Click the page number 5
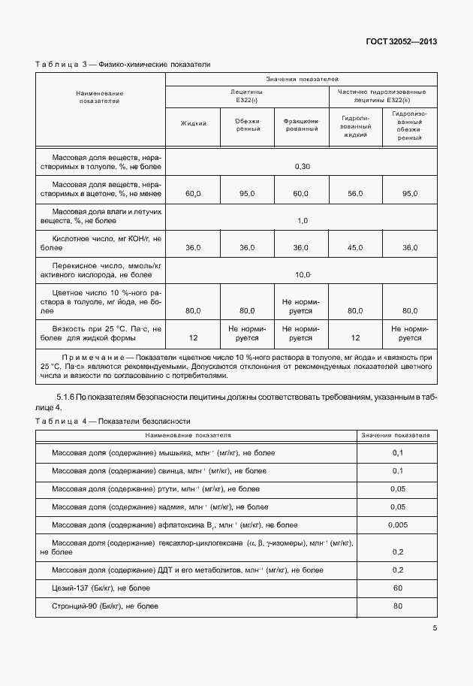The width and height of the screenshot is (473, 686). click(x=434, y=629)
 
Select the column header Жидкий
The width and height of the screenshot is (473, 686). click(x=193, y=123)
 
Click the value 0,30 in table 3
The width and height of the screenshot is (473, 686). click(x=302, y=165)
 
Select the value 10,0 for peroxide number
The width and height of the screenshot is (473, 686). click(x=302, y=274)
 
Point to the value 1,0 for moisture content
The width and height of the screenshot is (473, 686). click(x=302, y=220)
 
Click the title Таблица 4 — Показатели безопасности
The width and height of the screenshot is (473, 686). click(x=113, y=421)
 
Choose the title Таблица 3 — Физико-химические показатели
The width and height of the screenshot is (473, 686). click(x=122, y=65)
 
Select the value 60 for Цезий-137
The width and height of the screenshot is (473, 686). click(x=398, y=587)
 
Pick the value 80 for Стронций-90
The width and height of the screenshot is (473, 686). click(x=398, y=606)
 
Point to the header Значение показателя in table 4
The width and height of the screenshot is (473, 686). click(x=396, y=435)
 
